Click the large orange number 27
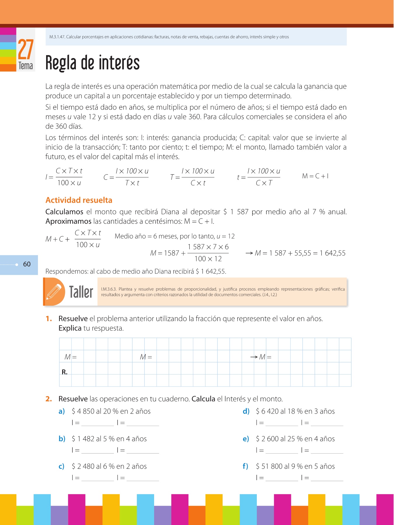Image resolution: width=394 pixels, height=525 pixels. pyautogui.click(x=26, y=50)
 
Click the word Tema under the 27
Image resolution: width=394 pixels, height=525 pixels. pyautogui.click(x=26, y=66)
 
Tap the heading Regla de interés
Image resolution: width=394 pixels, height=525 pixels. pyautogui.click(x=93, y=63)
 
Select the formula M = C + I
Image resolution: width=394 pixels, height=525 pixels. pyautogui.click(x=315, y=176)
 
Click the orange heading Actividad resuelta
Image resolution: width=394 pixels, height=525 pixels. pyautogui.click(x=79, y=200)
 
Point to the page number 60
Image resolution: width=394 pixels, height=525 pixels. pyautogui.click(x=27, y=264)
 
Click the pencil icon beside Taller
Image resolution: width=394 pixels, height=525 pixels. pyautogui.click(x=54, y=292)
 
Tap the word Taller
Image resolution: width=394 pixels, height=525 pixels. pyautogui.click(x=81, y=292)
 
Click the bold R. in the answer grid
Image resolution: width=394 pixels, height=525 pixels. pyautogui.click(x=64, y=372)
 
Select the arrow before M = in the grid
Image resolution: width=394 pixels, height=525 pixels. pyautogui.click(x=254, y=357)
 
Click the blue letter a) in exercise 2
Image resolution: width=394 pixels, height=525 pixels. pyautogui.click(x=62, y=411)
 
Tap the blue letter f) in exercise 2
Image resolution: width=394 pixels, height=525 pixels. pyautogui.click(x=245, y=466)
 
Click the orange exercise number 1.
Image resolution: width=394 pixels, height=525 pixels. pyautogui.click(x=49, y=319)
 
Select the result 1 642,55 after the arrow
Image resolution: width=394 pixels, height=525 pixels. pyautogui.click(x=332, y=253)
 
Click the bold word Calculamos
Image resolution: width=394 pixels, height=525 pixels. pyautogui.click(x=64, y=212)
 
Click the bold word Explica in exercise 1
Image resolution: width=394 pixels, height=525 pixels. pyautogui.click(x=70, y=328)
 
